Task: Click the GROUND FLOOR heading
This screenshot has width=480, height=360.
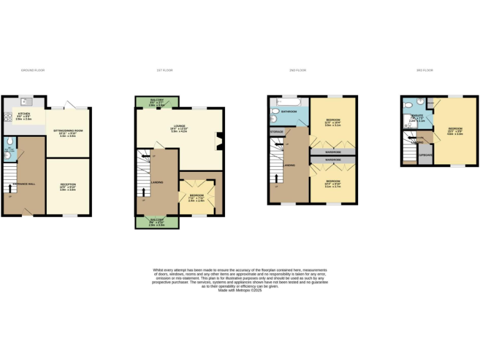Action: pos(32,70)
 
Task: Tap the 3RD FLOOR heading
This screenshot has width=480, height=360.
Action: pos(424,70)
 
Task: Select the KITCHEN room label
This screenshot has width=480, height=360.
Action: pos(23,114)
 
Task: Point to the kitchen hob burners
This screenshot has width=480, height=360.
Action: pos(8,116)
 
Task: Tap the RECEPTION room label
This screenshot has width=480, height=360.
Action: pos(67,184)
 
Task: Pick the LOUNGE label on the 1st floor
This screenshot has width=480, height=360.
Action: pos(179,127)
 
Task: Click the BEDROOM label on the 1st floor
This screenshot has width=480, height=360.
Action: pos(197,196)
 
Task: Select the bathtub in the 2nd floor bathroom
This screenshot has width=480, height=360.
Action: pos(289,102)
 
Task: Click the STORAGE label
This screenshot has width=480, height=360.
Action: pos(277,132)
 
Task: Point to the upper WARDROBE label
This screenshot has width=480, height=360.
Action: pos(333,152)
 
